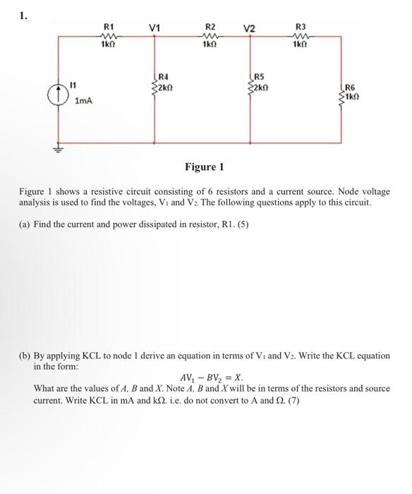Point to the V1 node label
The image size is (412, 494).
point(154,28)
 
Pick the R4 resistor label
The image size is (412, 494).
point(164,76)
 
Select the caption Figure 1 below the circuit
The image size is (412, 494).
point(204,167)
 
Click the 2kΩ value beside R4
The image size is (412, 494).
point(165,85)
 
